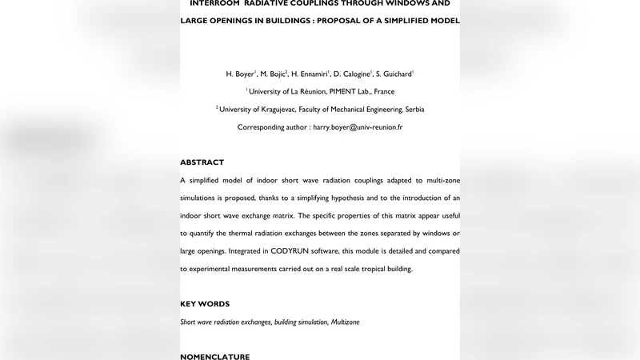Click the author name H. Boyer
[x=240, y=74]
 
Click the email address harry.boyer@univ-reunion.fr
[x=358, y=127]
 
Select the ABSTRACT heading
[x=202, y=162]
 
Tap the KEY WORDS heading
[x=205, y=304]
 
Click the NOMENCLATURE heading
[x=214, y=357]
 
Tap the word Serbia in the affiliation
[x=412, y=110]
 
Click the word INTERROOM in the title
[x=217, y=3]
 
